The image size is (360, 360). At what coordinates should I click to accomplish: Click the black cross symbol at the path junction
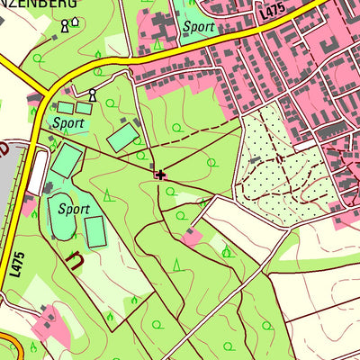(161, 175)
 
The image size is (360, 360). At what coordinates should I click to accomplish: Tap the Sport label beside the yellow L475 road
(198, 27)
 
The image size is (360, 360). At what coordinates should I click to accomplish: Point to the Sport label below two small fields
(68, 122)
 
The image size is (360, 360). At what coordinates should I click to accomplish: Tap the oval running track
(61, 216)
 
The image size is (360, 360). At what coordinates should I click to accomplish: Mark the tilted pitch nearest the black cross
(123, 138)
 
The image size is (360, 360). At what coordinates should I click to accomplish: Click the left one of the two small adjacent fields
(65, 108)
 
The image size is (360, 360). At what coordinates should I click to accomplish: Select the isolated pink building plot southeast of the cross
(191, 238)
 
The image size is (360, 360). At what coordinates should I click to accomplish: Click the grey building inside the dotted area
(256, 160)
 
